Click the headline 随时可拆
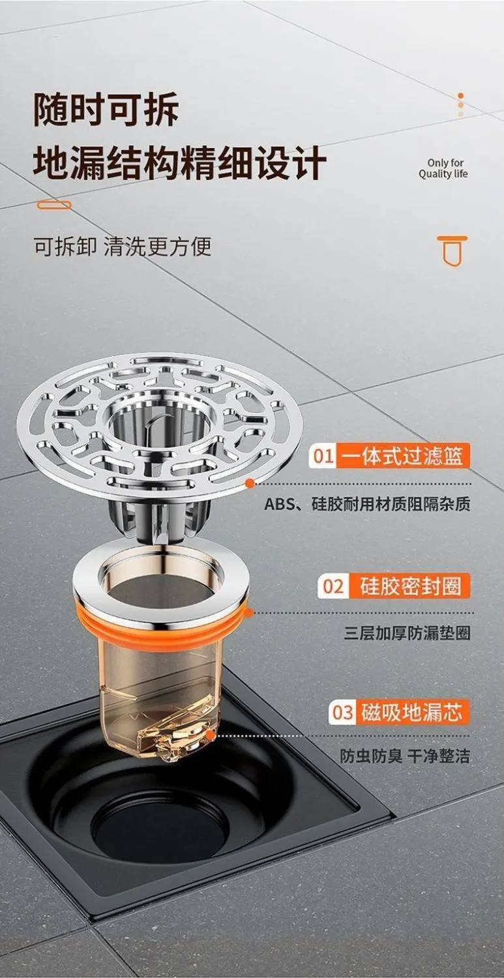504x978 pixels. click(106, 110)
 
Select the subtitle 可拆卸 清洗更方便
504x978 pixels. click(123, 246)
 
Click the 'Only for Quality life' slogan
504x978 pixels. click(443, 168)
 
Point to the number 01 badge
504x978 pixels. click(323, 456)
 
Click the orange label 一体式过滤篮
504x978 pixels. click(403, 456)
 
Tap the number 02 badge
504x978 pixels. click(334, 586)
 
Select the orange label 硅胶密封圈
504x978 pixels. click(409, 586)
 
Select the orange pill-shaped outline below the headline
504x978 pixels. click(53, 206)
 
